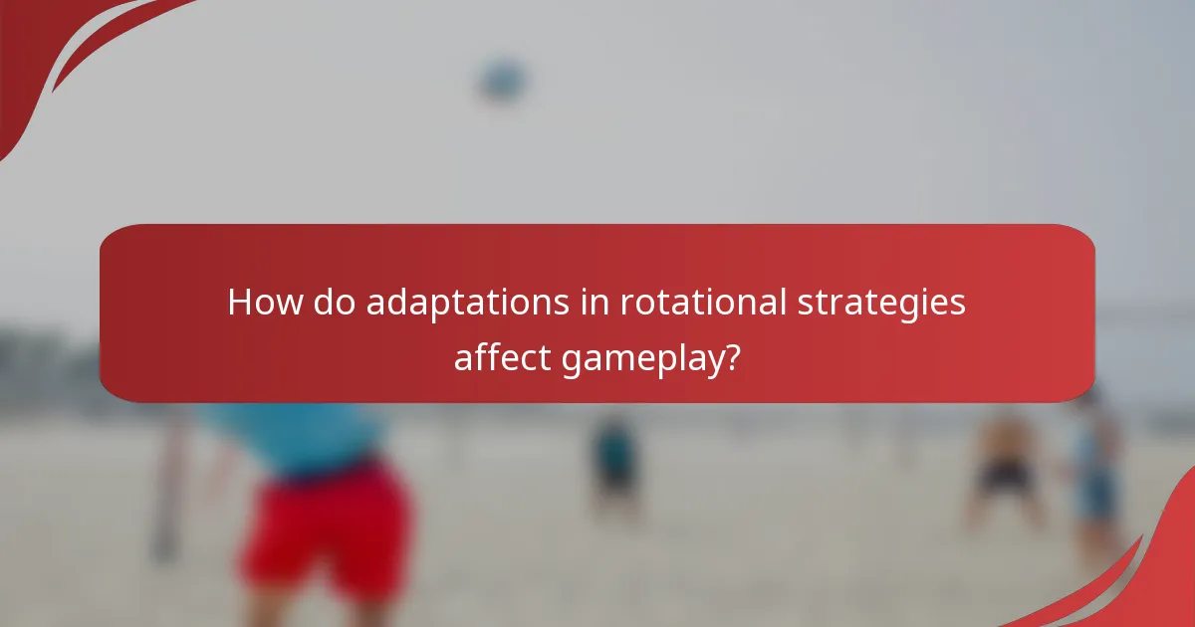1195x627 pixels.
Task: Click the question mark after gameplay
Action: click(732, 356)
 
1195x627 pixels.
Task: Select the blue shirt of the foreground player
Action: click(299, 433)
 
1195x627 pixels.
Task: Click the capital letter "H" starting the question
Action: click(239, 303)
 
